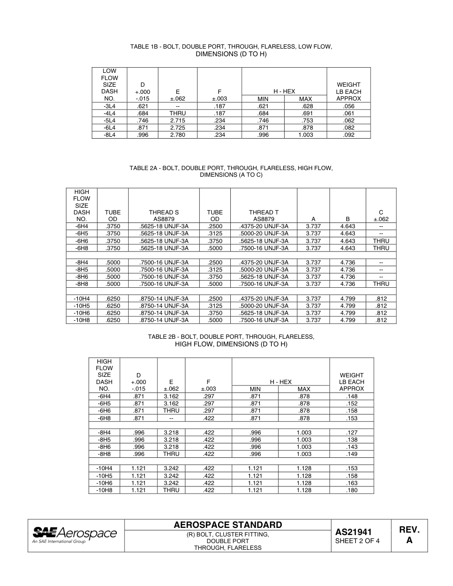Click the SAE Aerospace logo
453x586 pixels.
point(75,534)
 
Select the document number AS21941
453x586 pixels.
point(353,532)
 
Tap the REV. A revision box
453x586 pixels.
point(409,535)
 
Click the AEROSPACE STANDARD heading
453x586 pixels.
point(228,525)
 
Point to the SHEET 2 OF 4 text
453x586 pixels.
point(358,541)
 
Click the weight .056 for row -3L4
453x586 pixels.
point(349,106)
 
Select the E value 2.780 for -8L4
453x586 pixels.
point(177,135)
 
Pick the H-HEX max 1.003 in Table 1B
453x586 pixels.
point(305,135)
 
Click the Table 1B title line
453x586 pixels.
point(231,47)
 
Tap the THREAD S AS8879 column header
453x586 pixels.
point(164,216)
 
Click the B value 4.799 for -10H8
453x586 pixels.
point(348,320)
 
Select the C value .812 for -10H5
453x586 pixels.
point(381,306)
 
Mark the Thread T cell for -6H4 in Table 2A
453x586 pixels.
point(264,226)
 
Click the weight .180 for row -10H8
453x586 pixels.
point(351,490)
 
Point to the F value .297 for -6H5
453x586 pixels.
point(208,404)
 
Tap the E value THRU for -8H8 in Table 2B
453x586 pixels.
point(171,454)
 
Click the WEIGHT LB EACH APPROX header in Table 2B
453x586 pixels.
point(351,382)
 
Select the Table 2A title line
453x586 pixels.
point(231,168)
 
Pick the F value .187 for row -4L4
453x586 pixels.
point(219,113)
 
